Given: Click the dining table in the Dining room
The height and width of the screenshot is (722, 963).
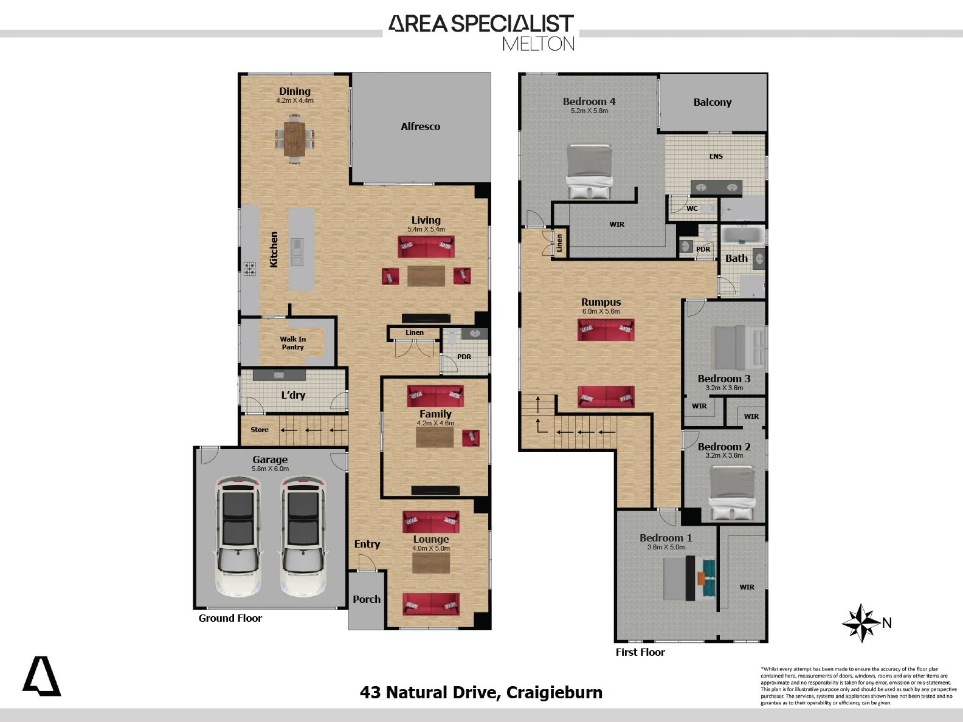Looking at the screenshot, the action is tap(294, 139).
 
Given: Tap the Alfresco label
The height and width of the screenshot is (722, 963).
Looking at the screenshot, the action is tap(420, 126).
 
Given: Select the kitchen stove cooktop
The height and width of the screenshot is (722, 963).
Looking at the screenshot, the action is tap(250, 269).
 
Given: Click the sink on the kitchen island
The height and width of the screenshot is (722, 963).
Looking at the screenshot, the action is tap(297, 252).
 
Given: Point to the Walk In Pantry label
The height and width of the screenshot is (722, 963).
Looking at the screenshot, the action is tap(292, 343).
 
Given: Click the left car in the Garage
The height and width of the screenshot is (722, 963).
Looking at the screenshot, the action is tap(238, 537).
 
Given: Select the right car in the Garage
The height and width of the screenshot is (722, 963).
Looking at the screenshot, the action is tap(303, 537).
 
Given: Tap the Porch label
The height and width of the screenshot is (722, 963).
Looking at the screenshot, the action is tap(367, 599).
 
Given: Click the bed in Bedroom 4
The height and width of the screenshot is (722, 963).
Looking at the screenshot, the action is tap(589, 171).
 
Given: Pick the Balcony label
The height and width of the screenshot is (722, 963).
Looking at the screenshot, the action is tap(713, 102).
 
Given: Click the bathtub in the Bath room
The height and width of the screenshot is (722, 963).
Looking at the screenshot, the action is tap(742, 235).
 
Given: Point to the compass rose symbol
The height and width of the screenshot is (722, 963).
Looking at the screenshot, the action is tap(861, 623).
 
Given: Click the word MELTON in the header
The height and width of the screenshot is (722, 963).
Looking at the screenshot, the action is tap(538, 44).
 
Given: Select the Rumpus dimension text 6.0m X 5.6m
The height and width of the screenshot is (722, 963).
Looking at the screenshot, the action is tap(601, 312).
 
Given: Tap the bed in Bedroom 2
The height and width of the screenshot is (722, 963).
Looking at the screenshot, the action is tap(732, 493).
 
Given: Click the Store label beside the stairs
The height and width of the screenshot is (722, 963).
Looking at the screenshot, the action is tap(259, 430).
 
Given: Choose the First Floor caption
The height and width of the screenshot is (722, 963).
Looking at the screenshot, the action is tap(640, 652).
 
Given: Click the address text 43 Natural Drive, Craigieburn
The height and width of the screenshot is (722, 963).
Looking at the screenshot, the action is tap(481, 693).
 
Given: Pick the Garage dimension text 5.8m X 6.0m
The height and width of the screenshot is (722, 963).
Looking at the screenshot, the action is tap(271, 469).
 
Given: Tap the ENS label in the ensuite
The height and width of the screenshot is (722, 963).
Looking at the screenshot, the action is tap(716, 156).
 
